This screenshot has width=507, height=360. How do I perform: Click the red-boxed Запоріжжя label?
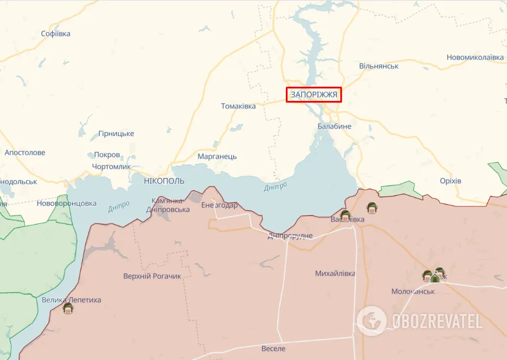(314, 95)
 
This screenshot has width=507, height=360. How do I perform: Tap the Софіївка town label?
(56, 33)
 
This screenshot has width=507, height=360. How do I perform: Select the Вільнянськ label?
(378, 66)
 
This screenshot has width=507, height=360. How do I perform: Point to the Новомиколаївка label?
(475, 57)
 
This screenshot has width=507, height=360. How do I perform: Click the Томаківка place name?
(238, 106)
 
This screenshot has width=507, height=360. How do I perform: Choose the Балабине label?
(334, 126)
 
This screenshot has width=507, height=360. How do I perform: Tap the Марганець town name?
(217, 156)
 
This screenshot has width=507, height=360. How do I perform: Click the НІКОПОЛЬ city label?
(164, 180)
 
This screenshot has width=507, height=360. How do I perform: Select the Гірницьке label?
(116, 133)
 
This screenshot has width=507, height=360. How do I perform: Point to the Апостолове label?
(25, 153)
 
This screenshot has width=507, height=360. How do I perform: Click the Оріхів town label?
(450, 180)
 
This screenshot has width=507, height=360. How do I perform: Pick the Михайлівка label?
(335, 273)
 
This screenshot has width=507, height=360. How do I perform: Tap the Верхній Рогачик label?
(152, 276)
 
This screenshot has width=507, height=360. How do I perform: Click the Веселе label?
(273, 348)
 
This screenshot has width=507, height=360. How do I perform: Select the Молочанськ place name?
(413, 291)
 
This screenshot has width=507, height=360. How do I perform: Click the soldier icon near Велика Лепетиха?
(68, 308)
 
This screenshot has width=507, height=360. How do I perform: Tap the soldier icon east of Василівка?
(372, 207)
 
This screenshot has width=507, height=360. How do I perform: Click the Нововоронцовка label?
(66, 203)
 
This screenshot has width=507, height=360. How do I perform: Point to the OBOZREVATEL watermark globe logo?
(372, 321)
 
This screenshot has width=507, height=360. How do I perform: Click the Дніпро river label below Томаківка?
(275, 187)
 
